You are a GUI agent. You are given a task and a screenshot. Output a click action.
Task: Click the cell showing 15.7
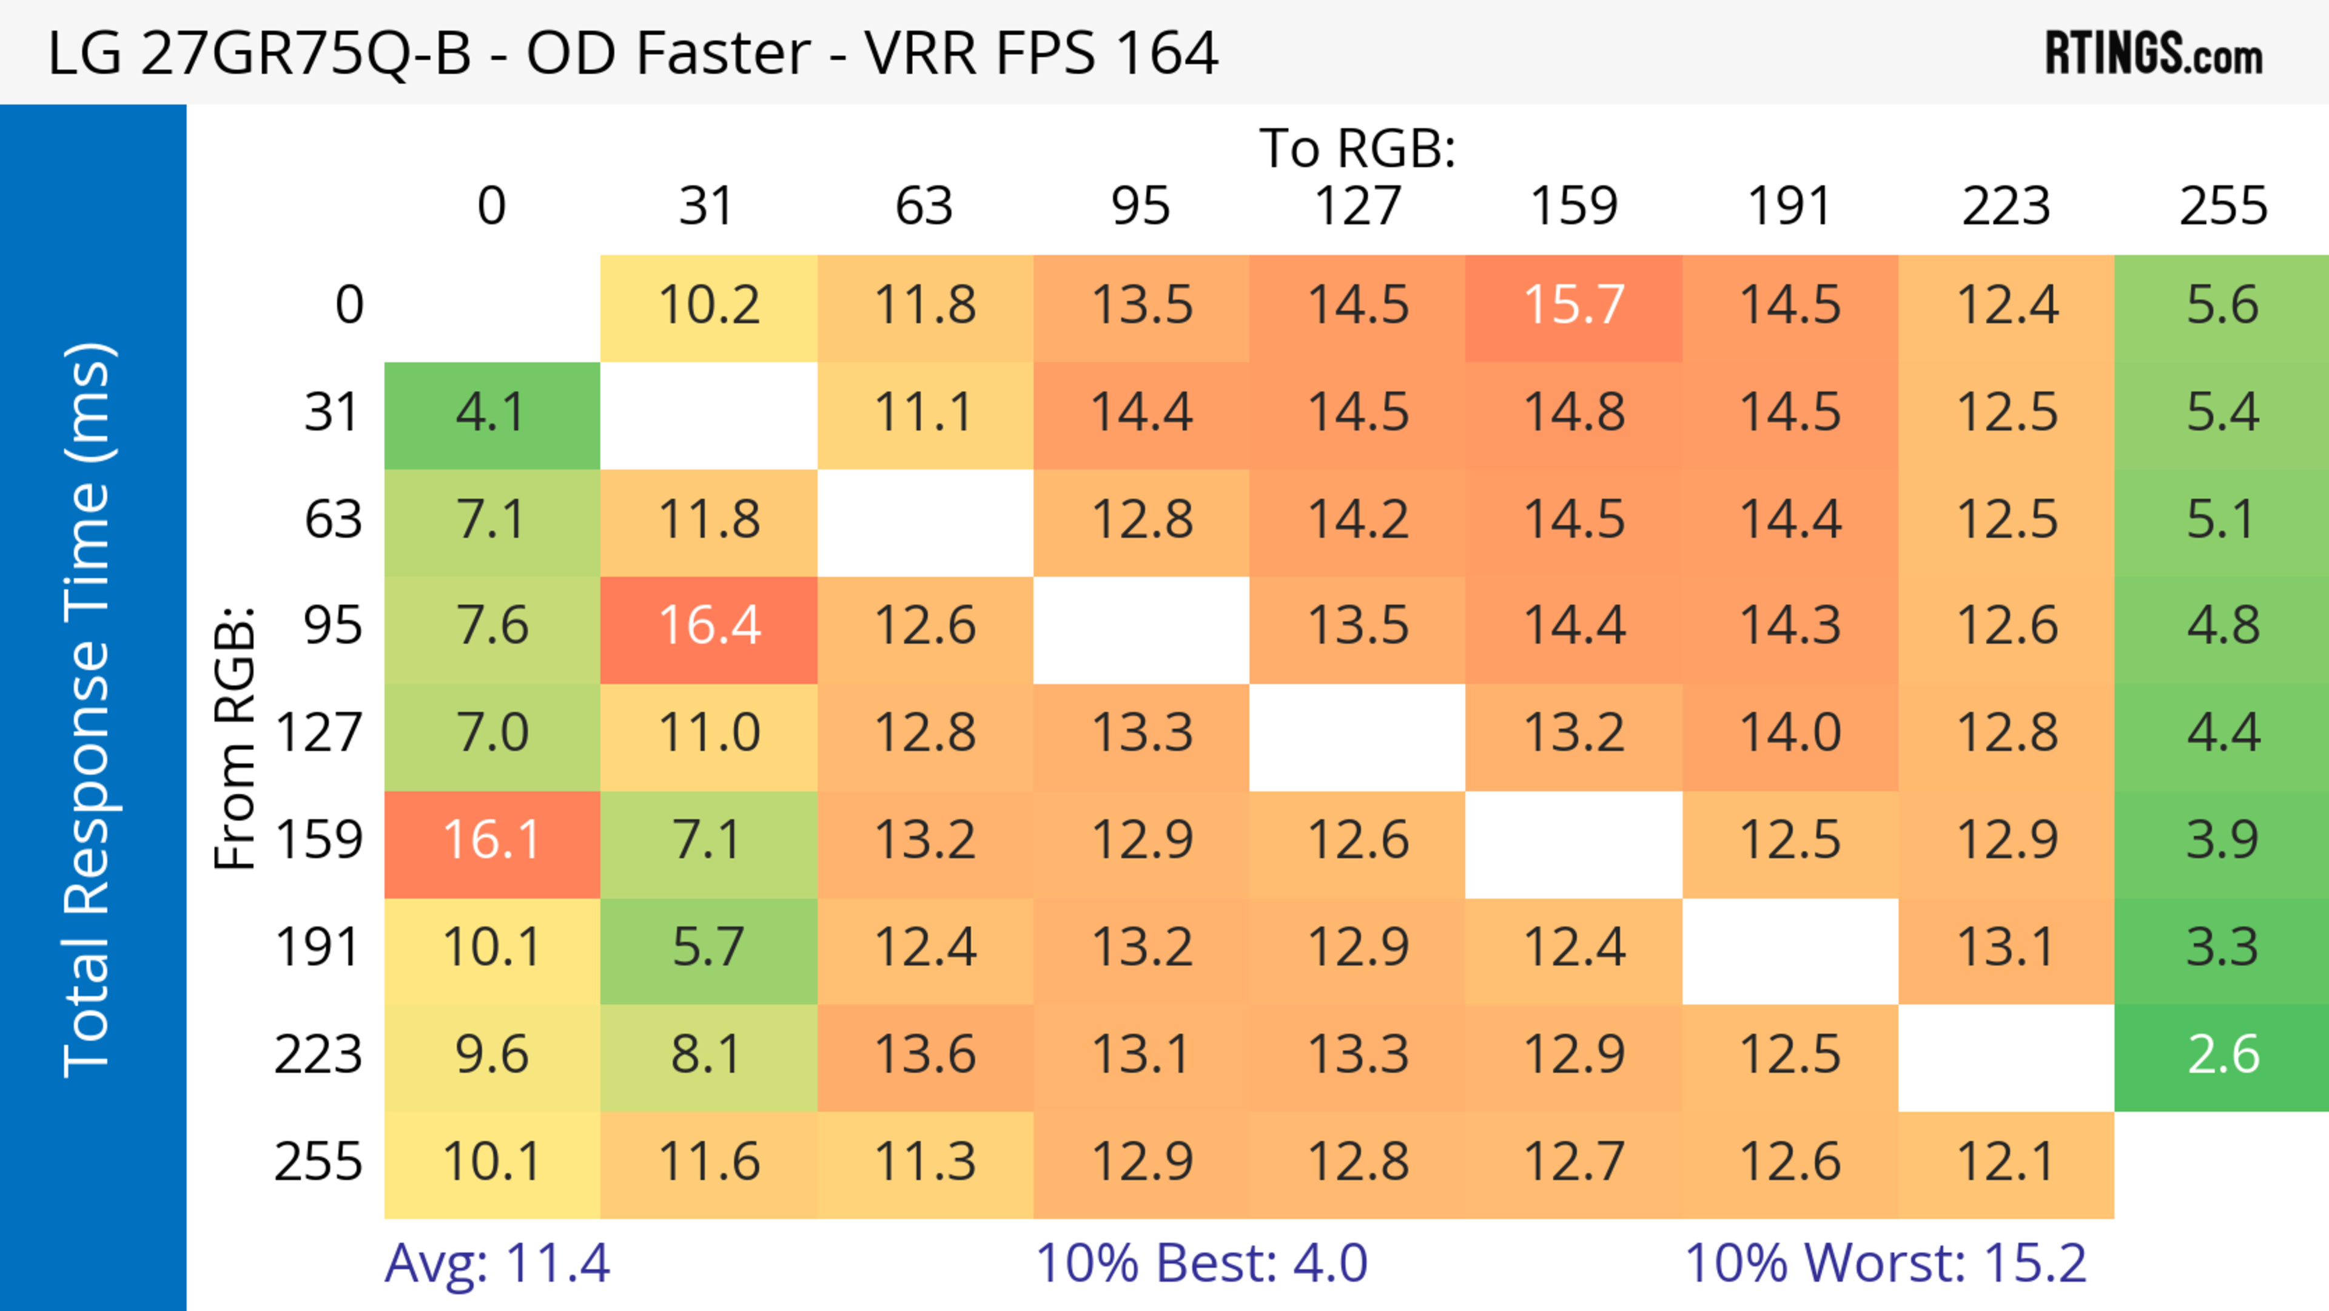tap(1573, 306)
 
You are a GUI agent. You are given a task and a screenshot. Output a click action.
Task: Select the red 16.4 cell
tap(709, 627)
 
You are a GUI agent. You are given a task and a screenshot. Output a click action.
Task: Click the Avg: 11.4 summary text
tap(497, 1263)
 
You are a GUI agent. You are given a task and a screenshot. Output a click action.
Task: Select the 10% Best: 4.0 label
tap(1201, 1263)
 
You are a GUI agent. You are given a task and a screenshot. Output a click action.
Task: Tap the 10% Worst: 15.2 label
tap(1885, 1263)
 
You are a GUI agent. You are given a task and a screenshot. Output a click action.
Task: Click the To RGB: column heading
tap(1357, 148)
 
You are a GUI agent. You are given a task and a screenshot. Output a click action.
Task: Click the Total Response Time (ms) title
tap(89, 710)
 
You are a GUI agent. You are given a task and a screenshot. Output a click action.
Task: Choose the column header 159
tap(1573, 206)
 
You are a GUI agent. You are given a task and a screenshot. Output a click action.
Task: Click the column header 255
tap(2222, 206)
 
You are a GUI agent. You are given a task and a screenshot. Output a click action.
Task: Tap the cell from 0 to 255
tap(2222, 306)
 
